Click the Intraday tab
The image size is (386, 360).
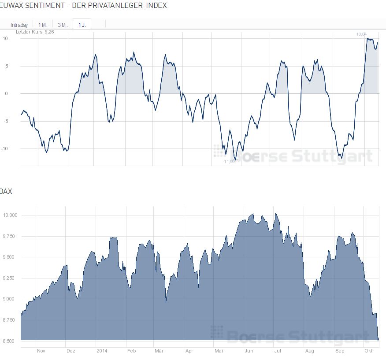[x=19, y=25]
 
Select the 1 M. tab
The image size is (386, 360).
[x=43, y=25]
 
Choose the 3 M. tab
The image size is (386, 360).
[x=63, y=25]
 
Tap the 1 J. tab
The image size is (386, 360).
[x=82, y=25]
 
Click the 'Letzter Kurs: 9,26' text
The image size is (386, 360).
[x=35, y=32]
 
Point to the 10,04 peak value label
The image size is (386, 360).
[x=361, y=34]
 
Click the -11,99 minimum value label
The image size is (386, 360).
[x=228, y=161]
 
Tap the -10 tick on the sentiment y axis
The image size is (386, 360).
[x=5, y=148]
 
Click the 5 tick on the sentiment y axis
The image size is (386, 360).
[x=7, y=66]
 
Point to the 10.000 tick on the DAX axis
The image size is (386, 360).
[x=9, y=215]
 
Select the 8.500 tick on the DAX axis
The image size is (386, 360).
[x=9, y=341]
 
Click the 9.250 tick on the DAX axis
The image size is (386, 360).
[x=9, y=278]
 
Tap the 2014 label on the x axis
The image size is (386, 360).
[x=102, y=351]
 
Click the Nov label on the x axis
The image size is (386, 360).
[x=41, y=351]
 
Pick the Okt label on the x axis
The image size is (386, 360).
[x=369, y=351]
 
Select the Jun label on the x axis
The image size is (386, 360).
[x=249, y=351]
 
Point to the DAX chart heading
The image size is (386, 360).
[x=6, y=191]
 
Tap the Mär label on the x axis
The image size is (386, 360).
[x=159, y=351]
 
